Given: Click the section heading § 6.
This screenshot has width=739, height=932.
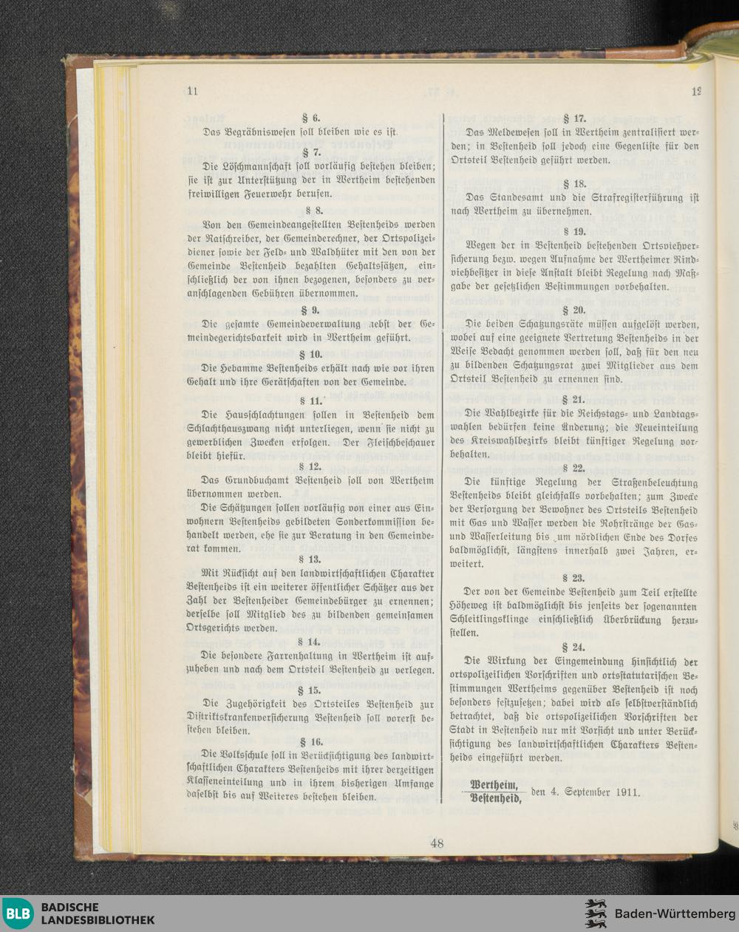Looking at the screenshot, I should pos(310,118).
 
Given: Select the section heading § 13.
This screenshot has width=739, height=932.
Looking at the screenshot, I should pos(310,559).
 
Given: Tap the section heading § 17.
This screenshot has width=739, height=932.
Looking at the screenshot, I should pos(574,118).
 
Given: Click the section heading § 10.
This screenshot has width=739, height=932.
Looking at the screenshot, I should pos(310,355).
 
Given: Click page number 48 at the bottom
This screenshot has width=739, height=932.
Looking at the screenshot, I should pos(437,843).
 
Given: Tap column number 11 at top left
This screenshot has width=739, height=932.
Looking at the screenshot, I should pos(194,92).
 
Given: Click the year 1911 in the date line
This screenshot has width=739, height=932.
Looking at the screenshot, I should pos(626,792).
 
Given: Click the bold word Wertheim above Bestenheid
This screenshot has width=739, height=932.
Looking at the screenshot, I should pos(494,784).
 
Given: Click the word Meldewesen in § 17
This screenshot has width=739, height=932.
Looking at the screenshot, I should pos(517,132).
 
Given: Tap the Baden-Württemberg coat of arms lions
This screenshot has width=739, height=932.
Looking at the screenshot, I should pos(596,914).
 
